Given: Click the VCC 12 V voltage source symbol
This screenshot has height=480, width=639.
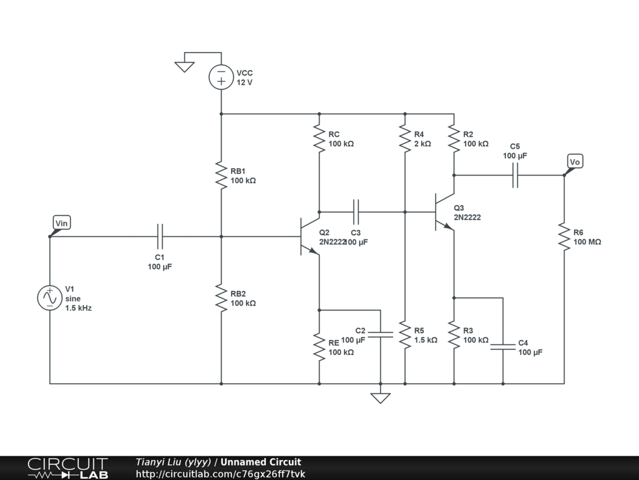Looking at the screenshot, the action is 222,77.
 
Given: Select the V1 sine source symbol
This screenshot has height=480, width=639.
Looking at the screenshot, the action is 50,297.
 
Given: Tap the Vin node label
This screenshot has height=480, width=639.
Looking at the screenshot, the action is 62,223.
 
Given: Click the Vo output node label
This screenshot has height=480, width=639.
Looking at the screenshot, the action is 575,162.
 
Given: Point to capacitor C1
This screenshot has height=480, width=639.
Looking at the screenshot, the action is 160,236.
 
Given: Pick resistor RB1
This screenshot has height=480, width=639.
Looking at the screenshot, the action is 222,175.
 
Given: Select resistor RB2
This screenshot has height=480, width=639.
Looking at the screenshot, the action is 222,298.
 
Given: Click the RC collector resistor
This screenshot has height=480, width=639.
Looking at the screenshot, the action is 319,138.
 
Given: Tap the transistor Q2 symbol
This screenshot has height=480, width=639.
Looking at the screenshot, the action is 310,236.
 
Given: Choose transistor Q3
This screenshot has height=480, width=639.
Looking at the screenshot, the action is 444,212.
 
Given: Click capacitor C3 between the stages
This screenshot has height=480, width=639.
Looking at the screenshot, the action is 356,212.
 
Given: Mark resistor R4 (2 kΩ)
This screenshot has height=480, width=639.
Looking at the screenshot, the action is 405,138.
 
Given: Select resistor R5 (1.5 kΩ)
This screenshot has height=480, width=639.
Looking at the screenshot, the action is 405,335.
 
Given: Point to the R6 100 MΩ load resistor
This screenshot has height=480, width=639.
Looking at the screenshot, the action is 564,237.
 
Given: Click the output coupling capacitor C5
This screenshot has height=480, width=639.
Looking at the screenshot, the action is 515,175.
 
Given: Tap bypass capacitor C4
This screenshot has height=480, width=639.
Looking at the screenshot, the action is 503,347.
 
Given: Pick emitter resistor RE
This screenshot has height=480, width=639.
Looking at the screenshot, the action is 319,347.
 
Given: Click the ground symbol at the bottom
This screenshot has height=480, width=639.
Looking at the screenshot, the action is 381,398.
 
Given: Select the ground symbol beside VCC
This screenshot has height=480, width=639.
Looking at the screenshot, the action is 185,67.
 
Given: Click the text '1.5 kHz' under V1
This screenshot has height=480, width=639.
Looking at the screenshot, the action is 78,308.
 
